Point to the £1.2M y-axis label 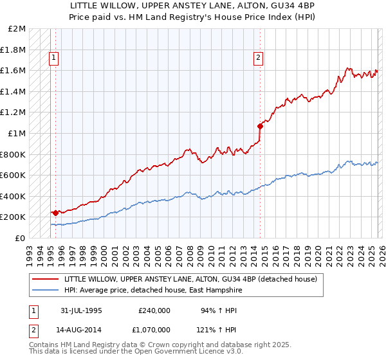(x=14, y=113)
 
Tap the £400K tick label (x=14, y=196)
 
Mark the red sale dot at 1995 (x=56, y=213)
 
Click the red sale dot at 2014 (x=260, y=126)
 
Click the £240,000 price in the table (x=154, y=310)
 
